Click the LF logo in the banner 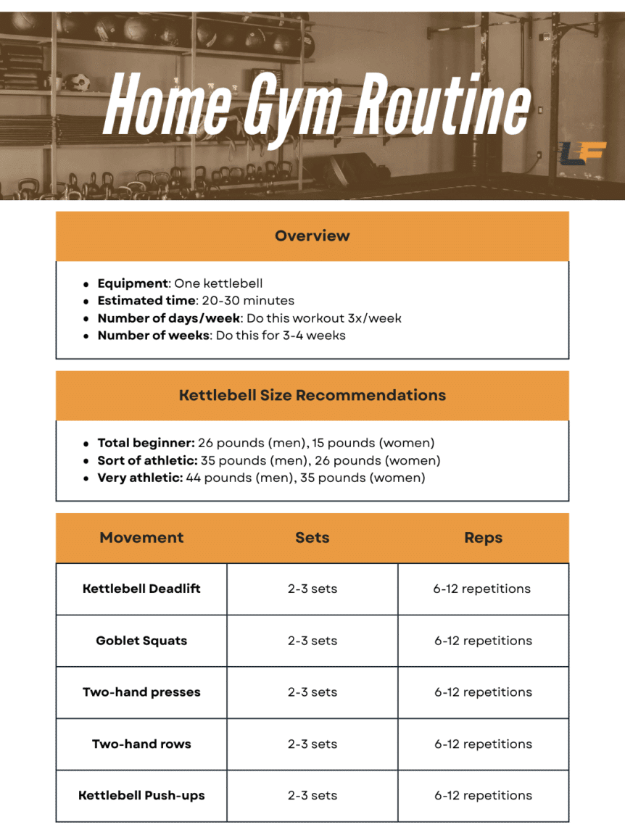point(574,154)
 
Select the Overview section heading point(312,236)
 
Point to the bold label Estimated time point(146,300)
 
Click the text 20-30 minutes point(247,300)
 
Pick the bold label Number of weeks point(154,335)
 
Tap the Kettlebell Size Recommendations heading point(312,395)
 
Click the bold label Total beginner point(146,442)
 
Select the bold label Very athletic point(140,478)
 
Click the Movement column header point(141,538)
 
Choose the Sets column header point(312,538)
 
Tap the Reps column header point(483,538)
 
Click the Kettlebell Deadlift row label point(141,589)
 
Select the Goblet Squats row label point(141,641)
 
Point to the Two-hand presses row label point(141,692)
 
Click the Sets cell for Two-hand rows point(312,744)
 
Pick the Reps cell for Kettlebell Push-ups point(483,795)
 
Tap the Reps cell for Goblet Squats point(483,641)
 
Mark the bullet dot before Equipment point(87,284)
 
